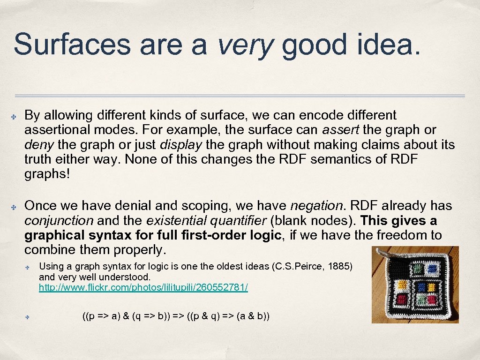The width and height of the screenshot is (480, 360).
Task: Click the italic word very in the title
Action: pos(244,45)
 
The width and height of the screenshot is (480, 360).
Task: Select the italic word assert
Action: pos(341,130)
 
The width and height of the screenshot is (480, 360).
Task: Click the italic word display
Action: pos(178,144)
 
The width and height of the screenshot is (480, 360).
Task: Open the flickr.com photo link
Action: pos(143,287)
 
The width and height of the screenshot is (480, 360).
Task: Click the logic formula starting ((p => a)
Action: pos(176,316)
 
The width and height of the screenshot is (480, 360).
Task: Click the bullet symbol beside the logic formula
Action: pos(28,317)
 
